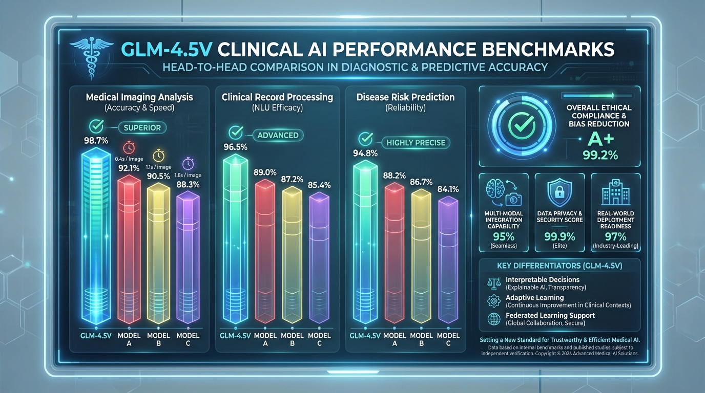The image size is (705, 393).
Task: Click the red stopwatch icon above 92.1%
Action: [129, 147]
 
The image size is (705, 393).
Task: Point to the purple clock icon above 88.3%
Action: [188, 164]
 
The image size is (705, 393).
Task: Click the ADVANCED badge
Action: [278, 135]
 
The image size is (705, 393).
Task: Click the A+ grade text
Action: [598, 139]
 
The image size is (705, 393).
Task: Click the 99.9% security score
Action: [559, 237]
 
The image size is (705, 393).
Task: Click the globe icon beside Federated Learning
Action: [494, 319]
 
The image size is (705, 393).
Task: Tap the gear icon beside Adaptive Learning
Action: [494, 301]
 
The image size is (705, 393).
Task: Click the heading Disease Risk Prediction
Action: [405, 97]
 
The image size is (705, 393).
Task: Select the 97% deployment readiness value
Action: [615, 236]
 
